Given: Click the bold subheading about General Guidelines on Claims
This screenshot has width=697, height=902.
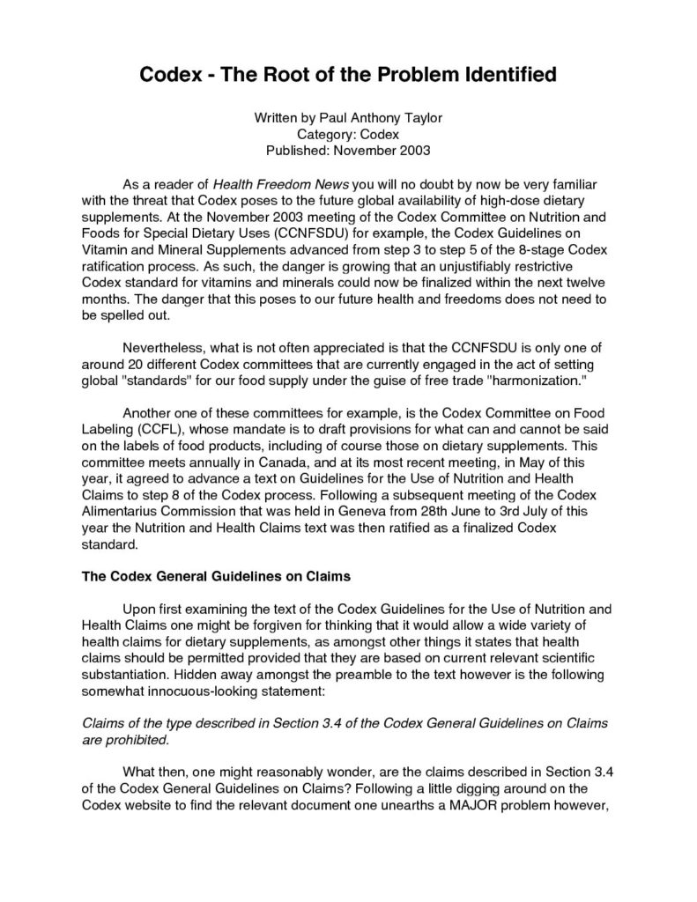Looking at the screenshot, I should (216, 577).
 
